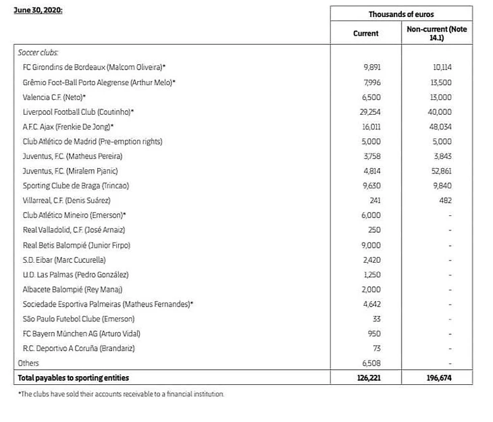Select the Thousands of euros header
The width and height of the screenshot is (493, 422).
401,14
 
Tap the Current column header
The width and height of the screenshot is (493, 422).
366,33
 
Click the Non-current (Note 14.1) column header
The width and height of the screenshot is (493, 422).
436,34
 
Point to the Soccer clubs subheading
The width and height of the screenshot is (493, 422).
38,52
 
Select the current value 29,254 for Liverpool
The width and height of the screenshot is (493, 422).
371,111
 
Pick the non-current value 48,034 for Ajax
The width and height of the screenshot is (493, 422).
440,126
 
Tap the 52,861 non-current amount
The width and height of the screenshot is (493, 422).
440,171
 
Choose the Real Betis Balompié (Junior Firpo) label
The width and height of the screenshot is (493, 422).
76,245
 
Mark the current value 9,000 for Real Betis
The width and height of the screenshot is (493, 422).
372,245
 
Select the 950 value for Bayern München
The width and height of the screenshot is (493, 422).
375,334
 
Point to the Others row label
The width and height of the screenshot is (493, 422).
29,363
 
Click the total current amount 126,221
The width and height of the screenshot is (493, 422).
369,378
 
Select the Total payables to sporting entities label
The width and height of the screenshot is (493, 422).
73,378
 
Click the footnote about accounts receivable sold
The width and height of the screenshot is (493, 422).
121,394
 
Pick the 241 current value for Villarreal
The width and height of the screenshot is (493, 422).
375,201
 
